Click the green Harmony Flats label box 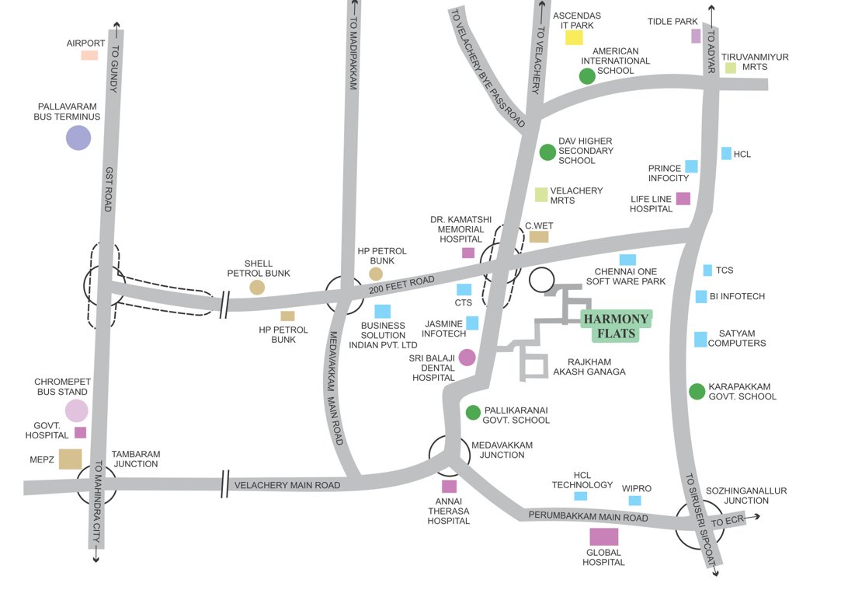click(x=617, y=326)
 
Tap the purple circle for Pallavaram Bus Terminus click(x=78, y=138)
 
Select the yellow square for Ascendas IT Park click(x=574, y=37)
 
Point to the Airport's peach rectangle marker click(x=90, y=55)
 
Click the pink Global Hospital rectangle click(x=603, y=536)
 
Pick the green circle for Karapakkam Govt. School click(x=697, y=391)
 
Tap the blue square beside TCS click(x=707, y=271)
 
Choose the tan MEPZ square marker click(x=70, y=459)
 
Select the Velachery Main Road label click(x=287, y=484)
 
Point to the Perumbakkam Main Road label click(x=588, y=517)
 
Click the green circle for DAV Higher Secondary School click(x=547, y=152)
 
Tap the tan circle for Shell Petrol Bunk click(x=257, y=288)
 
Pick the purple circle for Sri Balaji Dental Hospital click(x=467, y=357)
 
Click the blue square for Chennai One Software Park click(x=627, y=260)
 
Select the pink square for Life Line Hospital click(x=683, y=198)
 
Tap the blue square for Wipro click(x=635, y=501)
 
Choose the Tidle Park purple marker click(x=696, y=36)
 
